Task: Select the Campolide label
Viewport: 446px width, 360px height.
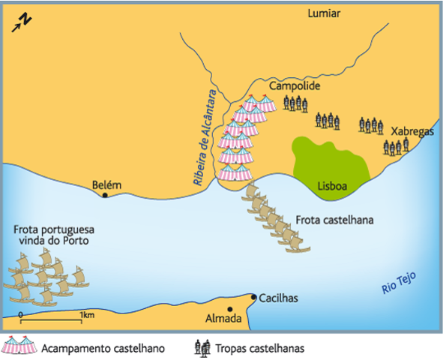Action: pyautogui.click(x=295, y=87)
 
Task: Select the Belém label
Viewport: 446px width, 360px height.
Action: pyautogui.click(x=105, y=184)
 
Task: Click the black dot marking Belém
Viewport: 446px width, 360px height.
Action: pyautogui.click(x=105, y=196)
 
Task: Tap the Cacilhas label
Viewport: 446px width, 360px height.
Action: pyautogui.click(x=279, y=298)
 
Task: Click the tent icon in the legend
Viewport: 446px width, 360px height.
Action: pyautogui.click(x=19, y=346)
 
